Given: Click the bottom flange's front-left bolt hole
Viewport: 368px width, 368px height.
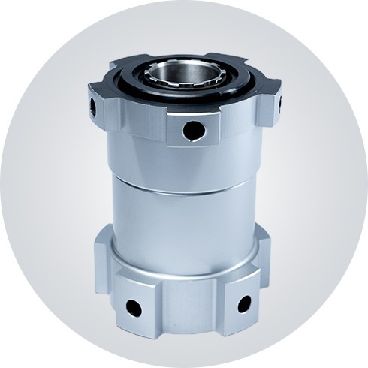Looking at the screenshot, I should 134,306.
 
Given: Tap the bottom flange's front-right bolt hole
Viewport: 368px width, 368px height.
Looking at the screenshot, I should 244,303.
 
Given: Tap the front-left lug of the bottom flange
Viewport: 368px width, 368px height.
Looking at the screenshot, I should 135,300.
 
